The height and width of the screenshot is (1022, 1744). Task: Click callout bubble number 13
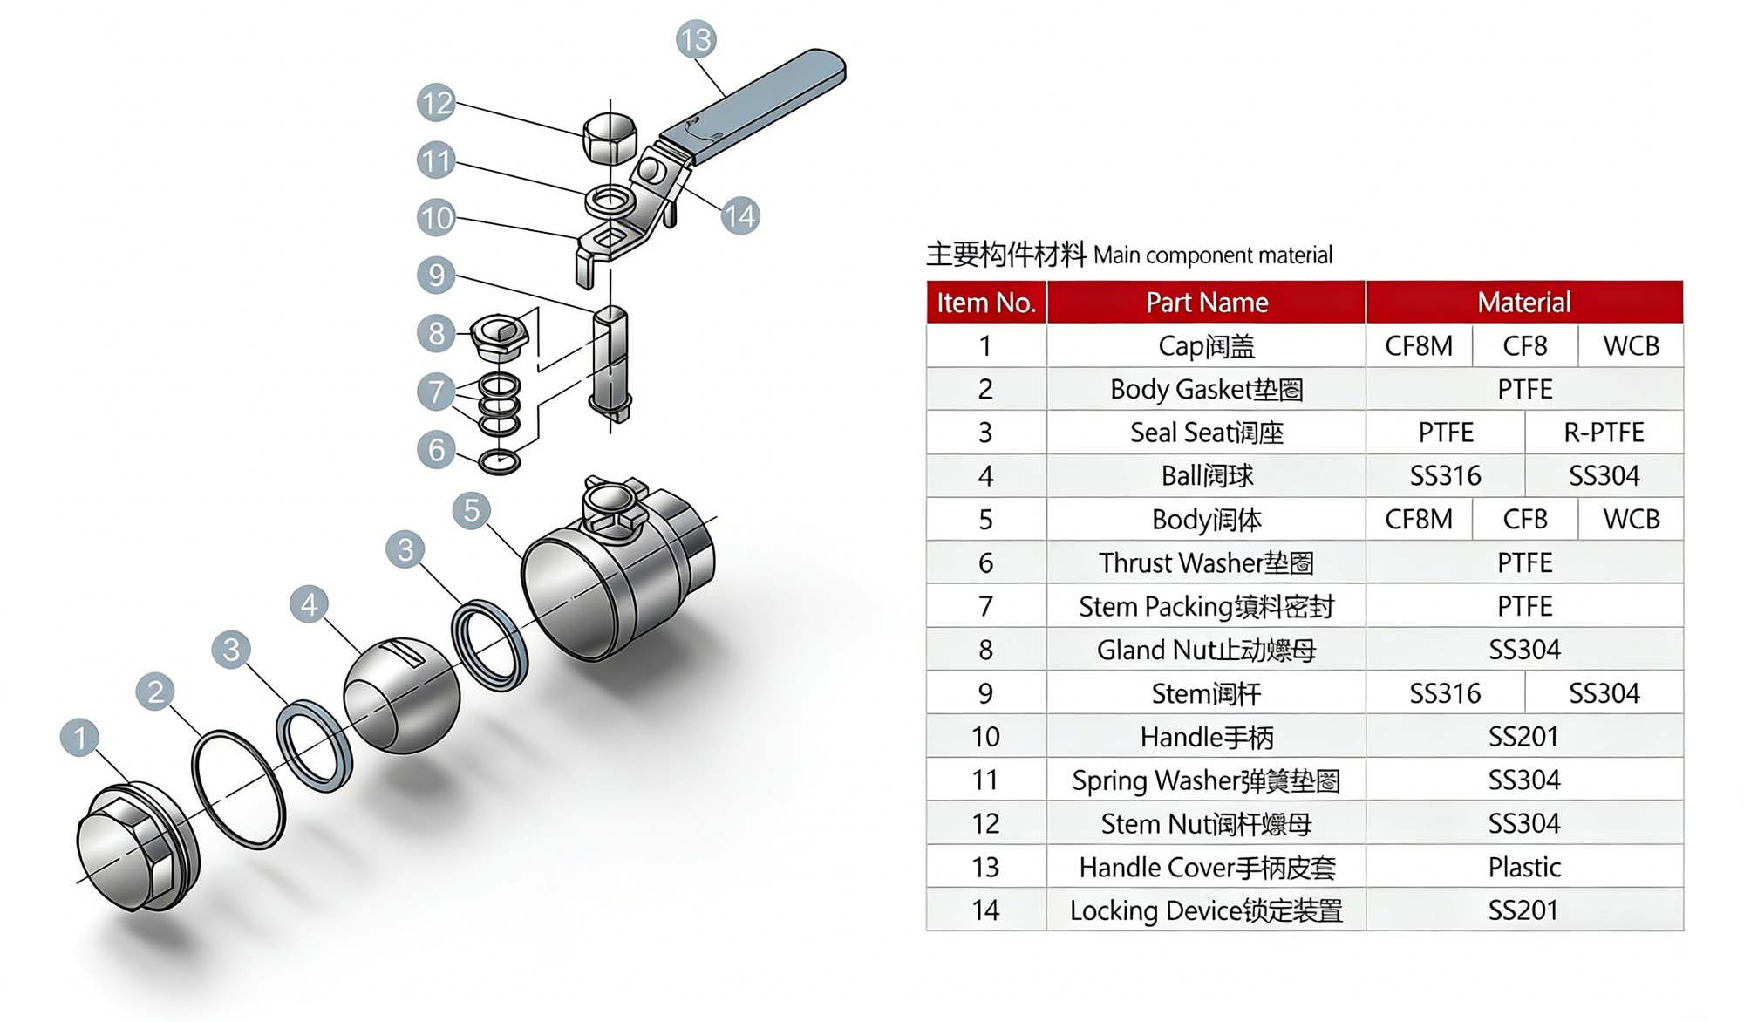(x=696, y=39)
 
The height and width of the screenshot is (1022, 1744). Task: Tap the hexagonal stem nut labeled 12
(x=610, y=138)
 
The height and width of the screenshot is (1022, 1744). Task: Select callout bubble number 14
(x=739, y=215)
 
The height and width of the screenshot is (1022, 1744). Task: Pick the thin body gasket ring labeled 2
(x=238, y=789)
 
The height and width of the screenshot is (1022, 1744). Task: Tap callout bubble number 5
(x=472, y=510)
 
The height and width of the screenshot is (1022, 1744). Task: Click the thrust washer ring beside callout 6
(x=500, y=461)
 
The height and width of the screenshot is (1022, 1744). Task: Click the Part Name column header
(x=1206, y=303)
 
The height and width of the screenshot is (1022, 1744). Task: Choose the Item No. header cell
(x=985, y=303)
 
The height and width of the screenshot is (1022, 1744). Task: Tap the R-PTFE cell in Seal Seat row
(x=1603, y=433)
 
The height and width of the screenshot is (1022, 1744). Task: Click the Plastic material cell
(x=1523, y=867)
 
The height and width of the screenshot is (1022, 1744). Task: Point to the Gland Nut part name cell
(x=1206, y=650)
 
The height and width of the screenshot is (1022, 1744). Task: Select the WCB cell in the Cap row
(x=1630, y=346)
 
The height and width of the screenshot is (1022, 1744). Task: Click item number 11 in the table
(x=985, y=780)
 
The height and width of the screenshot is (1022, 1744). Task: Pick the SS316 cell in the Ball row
(x=1445, y=476)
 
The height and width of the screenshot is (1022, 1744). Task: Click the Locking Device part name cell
(x=1206, y=910)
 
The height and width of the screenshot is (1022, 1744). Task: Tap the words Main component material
(x=1212, y=255)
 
